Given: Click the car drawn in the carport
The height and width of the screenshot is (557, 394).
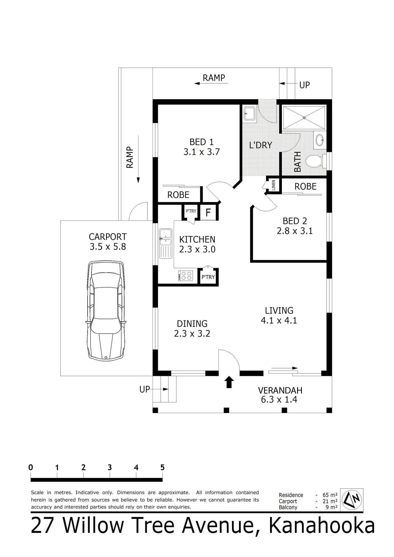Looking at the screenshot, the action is [x=106, y=311].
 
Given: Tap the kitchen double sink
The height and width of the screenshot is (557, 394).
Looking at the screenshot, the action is [x=166, y=243].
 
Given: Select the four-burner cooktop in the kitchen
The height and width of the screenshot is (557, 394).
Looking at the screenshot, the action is [x=185, y=276].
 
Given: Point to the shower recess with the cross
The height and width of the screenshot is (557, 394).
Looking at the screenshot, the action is [x=304, y=118].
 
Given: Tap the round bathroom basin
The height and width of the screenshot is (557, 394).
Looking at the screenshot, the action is [x=320, y=140].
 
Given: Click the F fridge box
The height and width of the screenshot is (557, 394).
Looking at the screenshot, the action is [x=208, y=212].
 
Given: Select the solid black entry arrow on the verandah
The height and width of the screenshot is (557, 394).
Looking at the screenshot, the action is [x=229, y=382].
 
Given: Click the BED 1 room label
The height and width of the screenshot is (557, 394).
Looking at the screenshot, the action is [x=202, y=142].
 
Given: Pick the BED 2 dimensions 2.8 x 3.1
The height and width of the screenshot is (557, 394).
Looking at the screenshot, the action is [x=295, y=231].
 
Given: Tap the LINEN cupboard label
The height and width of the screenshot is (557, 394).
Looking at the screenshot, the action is [x=273, y=185].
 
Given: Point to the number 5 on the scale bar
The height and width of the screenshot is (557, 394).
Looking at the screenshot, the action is [x=162, y=467].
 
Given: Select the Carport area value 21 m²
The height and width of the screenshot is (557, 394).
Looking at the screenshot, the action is [x=330, y=501].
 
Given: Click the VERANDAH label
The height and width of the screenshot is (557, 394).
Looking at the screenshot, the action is [x=280, y=390].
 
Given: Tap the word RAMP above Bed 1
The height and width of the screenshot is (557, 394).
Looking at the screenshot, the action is [x=214, y=78].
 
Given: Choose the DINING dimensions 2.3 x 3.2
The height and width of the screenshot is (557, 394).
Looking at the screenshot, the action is [x=192, y=334].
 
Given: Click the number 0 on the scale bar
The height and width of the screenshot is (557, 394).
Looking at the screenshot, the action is [x=31, y=467].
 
